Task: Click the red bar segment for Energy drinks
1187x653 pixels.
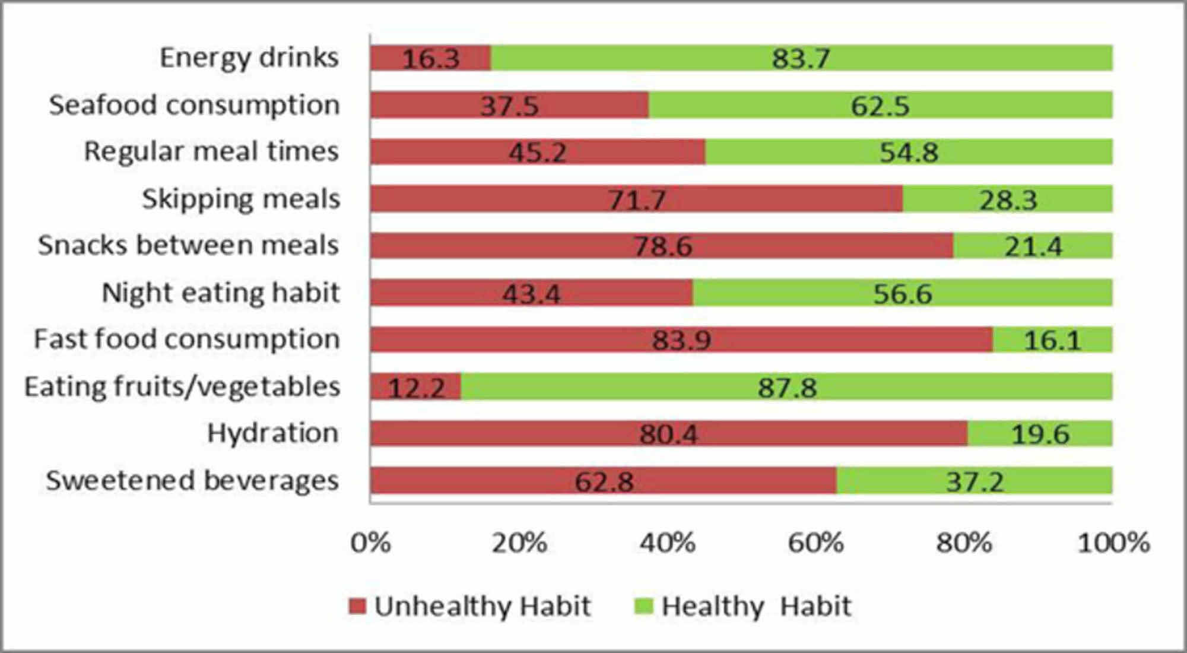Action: pyautogui.click(x=430, y=58)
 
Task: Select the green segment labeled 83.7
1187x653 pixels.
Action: pyautogui.click(x=801, y=58)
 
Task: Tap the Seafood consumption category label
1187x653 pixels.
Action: pyautogui.click(x=194, y=106)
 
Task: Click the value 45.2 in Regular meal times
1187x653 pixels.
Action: pyautogui.click(x=537, y=153)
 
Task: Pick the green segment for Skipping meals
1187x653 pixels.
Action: pyautogui.click(x=1007, y=199)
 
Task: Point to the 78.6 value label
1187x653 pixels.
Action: pyautogui.click(x=662, y=246)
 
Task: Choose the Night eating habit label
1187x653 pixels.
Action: pyautogui.click(x=221, y=293)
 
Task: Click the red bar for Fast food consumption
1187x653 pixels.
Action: pyautogui.click(x=681, y=340)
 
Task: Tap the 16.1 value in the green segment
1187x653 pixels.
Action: pyautogui.click(x=1052, y=340)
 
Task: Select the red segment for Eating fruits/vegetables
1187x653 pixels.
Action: pyautogui.click(x=415, y=387)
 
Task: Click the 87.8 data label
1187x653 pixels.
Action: pyautogui.click(x=787, y=388)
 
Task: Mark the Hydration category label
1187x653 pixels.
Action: pyautogui.click(x=272, y=433)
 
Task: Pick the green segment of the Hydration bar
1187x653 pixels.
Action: pyautogui.click(x=1040, y=434)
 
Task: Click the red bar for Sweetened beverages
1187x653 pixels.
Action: pyautogui.click(x=603, y=480)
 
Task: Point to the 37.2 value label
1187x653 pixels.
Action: pyautogui.click(x=975, y=481)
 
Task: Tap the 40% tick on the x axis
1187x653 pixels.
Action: pyautogui.click(x=667, y=543)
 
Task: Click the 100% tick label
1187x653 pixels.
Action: pyautogui.click(x=1113, y=543)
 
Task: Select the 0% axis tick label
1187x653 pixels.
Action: pyautogui.click(x=370, y=543)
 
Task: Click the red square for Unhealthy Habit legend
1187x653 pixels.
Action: pyautogui.click(x=357, y=606)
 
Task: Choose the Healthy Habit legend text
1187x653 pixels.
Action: pyautogui.click(x=756, y=607)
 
